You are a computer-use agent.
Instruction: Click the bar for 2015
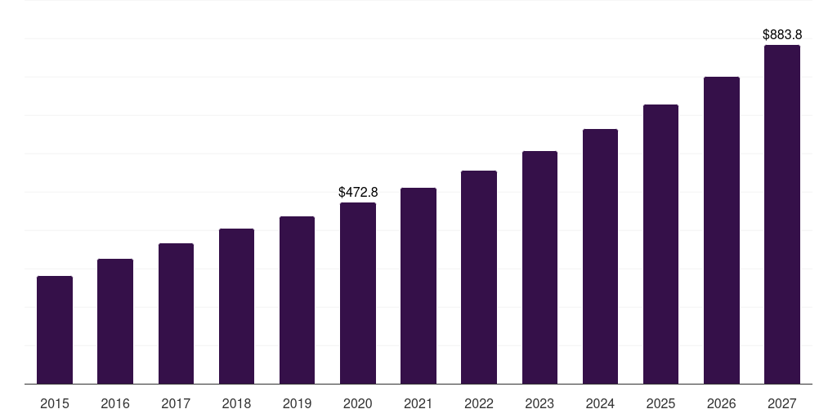pyautogui.click(x=55, y=330)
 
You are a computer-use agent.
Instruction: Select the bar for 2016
pyautogui.click(x=115, y=322)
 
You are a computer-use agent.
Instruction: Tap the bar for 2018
pyautogui.click(x=236, y=306)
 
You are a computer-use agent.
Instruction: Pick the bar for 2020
pyautogui.click(x=358, y=293)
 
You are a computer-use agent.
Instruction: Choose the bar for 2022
pyautogui.click(x=479, y=278)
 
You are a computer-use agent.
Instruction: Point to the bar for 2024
pyautogui.click(x=600, y=256)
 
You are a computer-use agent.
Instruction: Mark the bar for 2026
pyautogui.click(x=722, y=230)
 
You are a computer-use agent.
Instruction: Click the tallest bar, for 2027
pyautogui.click(x=782, y=215)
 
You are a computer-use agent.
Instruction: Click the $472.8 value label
pyautogui.click(x=358, y=193)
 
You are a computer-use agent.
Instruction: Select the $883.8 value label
pyautogui.click(x=782, y=35)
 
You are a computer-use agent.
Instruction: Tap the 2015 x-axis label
pyautogui.click(x=55, y=403)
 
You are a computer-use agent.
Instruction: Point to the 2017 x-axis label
pyautogui.click(x=176, y=403)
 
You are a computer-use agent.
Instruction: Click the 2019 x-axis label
pyautogui.click(x=297, y=403)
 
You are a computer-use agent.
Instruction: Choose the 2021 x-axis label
pyautogui.click(x=418, y=403)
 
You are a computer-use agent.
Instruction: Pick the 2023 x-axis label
pyautogui.click(x=539, y=403)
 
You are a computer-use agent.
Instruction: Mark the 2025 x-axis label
pyautogui.click(x=660, y=403)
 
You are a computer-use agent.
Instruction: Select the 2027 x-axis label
pyautogui.click(x=782, y=403)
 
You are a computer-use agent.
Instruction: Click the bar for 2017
pyautogui.click(x=176, y=313)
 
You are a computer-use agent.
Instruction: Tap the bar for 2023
pyautogui.click(x=539, y=268)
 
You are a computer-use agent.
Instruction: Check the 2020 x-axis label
pyautogui.click(x=358, y=403)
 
